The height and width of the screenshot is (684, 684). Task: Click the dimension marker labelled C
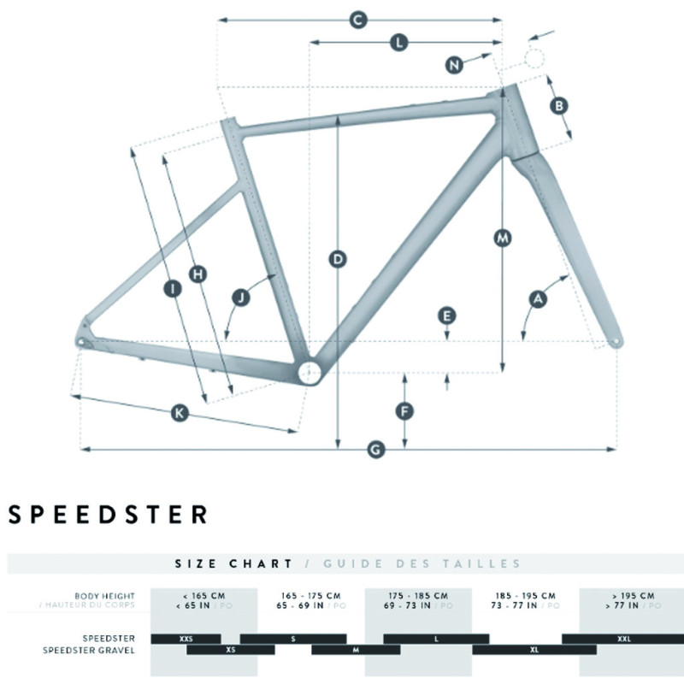click(358, 20)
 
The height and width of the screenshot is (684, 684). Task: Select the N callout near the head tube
click(456, 64)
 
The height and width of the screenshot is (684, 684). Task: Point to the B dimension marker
click(558, 106)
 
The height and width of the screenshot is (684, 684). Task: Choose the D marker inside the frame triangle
click(339, 258)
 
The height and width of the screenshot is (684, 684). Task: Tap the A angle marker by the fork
click(538, 298)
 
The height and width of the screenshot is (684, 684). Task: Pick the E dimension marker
click(446, 315)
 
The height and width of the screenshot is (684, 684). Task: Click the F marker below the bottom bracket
click(405, 410)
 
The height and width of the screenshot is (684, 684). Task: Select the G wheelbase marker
click(373, 448)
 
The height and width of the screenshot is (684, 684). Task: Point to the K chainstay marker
click(179, 414)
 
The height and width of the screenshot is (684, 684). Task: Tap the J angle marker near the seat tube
click(241, 298)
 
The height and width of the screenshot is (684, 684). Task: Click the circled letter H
click(198, 274)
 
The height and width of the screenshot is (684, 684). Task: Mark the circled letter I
click(174, 290)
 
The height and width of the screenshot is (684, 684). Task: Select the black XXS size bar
click(186, 639)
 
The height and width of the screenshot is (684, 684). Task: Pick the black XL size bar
click(534, 650)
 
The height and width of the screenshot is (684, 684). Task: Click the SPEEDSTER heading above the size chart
click(108, 515)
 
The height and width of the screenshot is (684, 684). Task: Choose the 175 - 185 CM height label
click(418, 595)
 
